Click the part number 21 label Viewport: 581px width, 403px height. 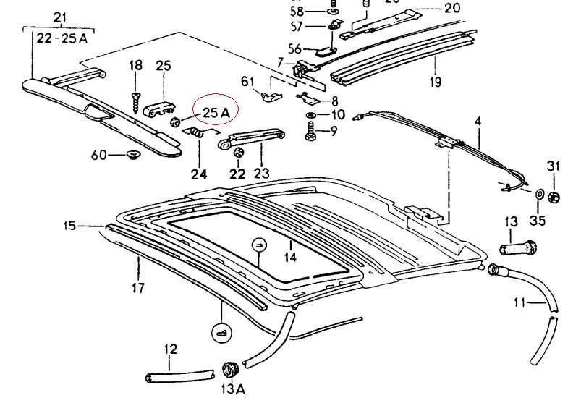tap(60, 17)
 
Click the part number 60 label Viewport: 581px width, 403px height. tap(98, 155)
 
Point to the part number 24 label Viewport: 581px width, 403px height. tap(198, 174)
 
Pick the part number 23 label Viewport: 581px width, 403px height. tap(260, 174)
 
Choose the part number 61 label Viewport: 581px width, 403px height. tap(248, 81)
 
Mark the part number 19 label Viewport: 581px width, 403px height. tap(434, 81)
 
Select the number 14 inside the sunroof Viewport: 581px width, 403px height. tap(289, 255)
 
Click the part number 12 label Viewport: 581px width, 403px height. tap(170, 349)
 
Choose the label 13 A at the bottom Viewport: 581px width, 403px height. tap(233, 389)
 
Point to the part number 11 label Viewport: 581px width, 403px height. tap(519, 302)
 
